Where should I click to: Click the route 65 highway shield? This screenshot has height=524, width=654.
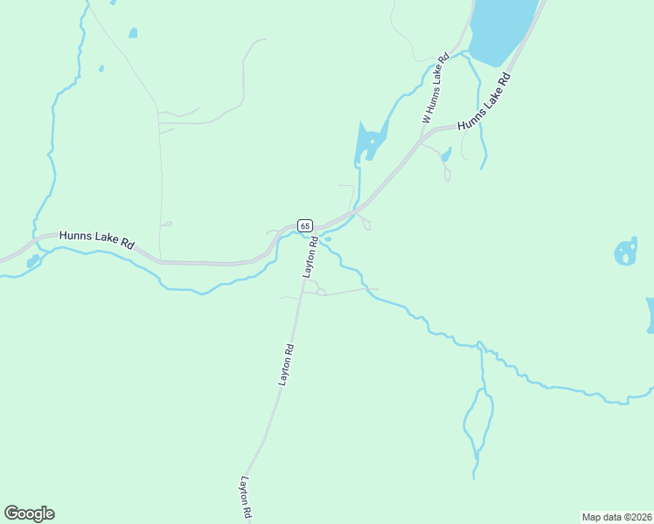(304, 225)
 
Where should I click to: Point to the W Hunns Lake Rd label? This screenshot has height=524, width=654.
(435, 87)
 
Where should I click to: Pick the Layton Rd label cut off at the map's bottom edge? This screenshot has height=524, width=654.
(247, 498)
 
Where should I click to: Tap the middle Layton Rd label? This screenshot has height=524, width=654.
(286, 365)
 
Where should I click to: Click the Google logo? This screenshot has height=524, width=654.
(29, 514)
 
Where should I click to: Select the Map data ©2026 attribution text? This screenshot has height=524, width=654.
(616, 516)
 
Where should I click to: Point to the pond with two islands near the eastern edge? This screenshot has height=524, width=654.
(626, 252)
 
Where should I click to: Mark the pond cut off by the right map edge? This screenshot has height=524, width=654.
(650, 314)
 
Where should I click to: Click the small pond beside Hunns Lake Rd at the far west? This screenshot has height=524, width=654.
(32, 261)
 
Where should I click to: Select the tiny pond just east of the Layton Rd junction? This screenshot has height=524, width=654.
(327, 238)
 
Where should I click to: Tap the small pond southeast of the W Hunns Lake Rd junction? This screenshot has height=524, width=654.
(446, 156)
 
